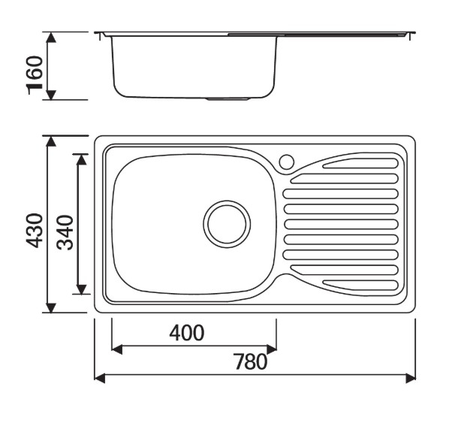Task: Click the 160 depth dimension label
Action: (35, 75)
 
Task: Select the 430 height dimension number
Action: (35, 231)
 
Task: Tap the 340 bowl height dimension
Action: (65, 232)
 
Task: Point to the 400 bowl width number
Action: (187, 333)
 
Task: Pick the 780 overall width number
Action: (250, 361)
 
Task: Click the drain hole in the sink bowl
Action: (227, 224)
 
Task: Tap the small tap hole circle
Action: (287, 162)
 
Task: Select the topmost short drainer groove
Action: (360, 163)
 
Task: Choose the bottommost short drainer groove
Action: (360, 286)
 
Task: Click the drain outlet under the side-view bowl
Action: (227, 99)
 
